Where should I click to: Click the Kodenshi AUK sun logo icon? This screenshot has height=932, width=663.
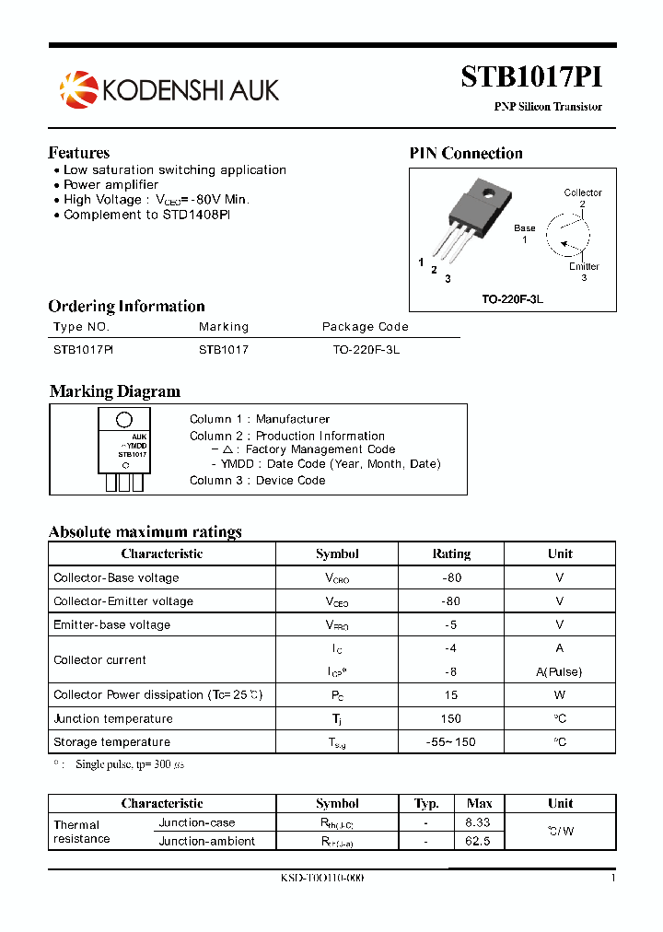(77, 88)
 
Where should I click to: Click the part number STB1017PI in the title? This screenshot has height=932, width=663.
(531, 77)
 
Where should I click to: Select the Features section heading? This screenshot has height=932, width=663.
(79, 153)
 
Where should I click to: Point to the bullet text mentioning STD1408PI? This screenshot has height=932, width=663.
(147, 215)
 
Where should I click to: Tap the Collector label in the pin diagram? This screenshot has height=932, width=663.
(583, 192)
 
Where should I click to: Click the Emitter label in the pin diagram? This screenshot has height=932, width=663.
(584, 266)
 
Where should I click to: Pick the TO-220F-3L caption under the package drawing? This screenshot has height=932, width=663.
(512, 300)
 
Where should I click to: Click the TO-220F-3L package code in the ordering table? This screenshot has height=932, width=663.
(366, 350)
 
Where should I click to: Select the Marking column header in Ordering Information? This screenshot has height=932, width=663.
(224, 327)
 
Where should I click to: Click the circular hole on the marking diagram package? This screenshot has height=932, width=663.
(123, 421)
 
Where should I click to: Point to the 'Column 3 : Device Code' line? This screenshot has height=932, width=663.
(258, 480)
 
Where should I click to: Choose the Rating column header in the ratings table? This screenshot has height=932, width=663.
(451, 553)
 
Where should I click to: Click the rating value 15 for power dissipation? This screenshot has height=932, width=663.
(451, 695)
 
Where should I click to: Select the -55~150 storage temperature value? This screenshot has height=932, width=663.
(451, 742)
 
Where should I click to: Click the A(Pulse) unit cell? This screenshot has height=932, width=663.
(560, 671)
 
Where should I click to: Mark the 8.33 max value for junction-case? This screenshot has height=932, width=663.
(478, 822)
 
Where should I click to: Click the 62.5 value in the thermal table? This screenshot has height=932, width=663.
(478, 841)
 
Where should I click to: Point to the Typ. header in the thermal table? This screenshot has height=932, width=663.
(426, 803)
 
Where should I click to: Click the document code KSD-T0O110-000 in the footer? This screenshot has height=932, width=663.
(322, 879)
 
